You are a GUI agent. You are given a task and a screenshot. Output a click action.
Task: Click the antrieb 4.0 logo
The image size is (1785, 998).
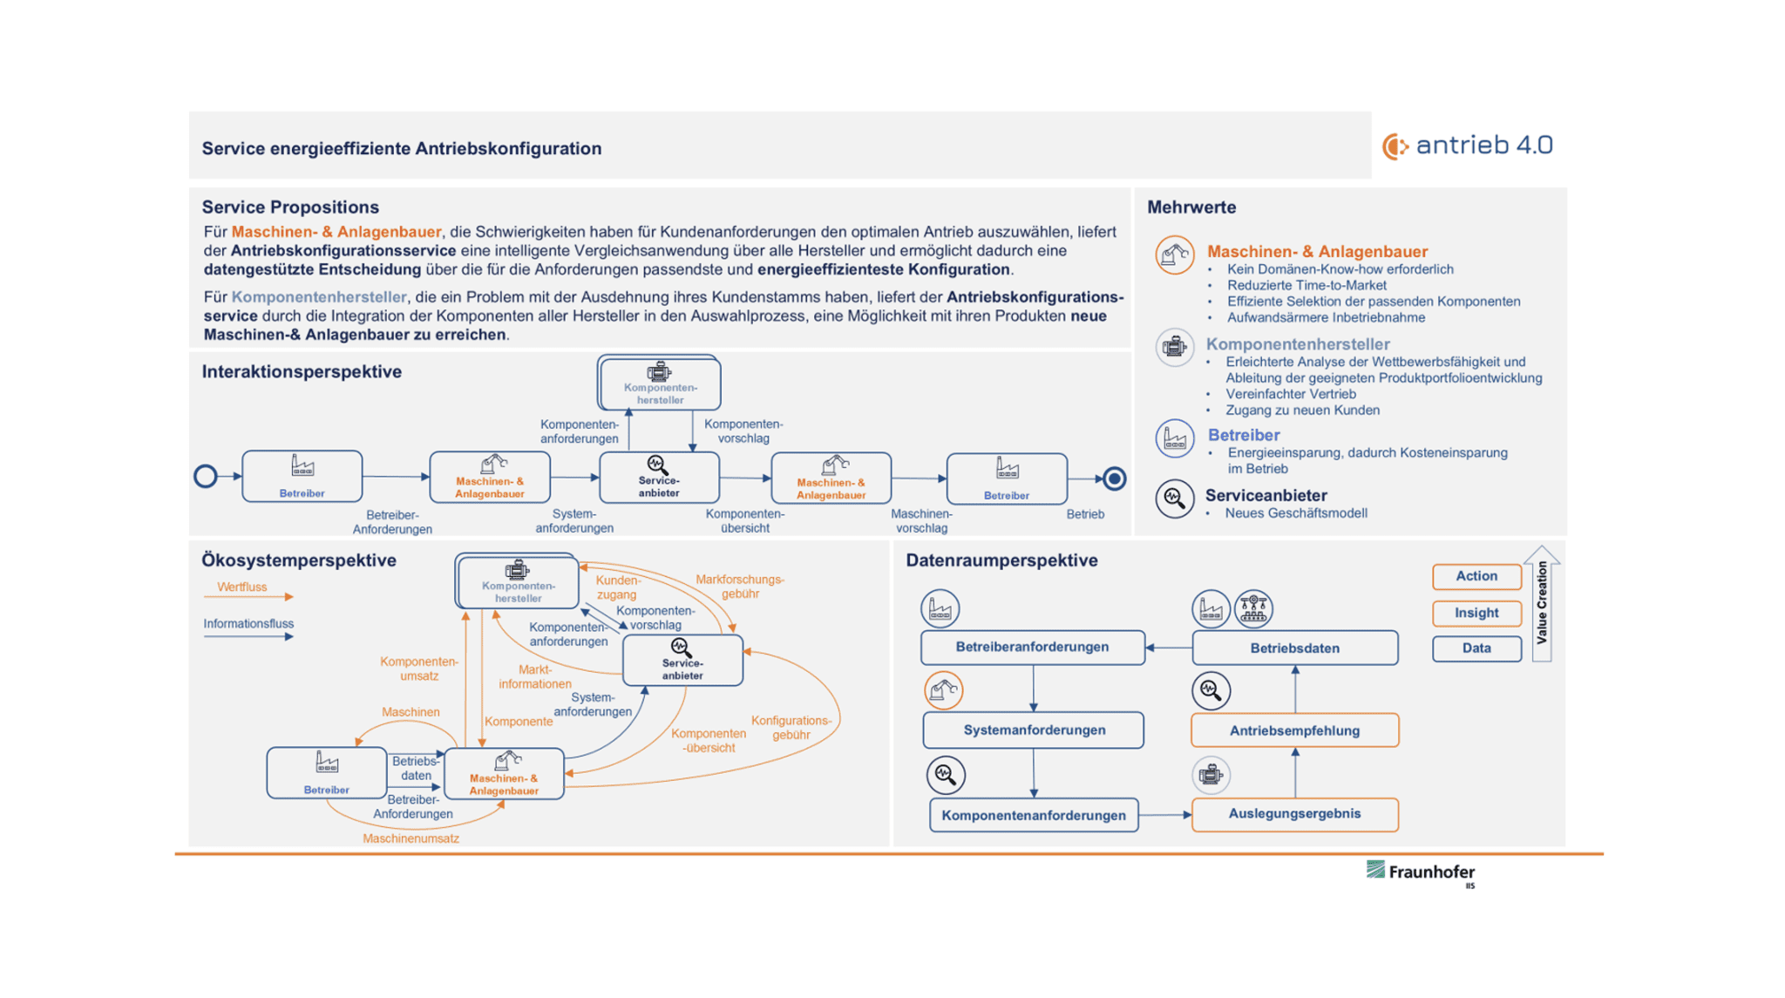point(1468,146)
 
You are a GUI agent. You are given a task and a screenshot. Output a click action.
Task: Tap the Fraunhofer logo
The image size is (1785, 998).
point(1421,872)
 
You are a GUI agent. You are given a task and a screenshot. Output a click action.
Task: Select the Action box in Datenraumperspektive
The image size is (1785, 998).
point(1476,576)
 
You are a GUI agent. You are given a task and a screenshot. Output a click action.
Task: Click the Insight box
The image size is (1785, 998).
point(1476,613)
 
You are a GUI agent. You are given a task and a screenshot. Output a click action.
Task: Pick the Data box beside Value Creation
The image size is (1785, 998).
point(1476,648)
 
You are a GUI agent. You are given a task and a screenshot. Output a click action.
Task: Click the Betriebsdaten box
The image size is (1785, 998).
point(1294,648)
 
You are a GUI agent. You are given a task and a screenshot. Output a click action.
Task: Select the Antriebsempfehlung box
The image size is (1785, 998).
point(1294,730)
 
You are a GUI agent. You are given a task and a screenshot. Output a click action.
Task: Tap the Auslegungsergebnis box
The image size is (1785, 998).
point(1294,814)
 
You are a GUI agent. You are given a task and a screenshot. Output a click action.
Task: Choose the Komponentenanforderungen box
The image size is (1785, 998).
point(1034,816)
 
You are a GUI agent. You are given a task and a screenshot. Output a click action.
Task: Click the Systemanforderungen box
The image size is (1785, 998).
point(1034,730)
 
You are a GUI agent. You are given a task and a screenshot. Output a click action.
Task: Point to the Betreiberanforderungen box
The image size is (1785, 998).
point(1033,648)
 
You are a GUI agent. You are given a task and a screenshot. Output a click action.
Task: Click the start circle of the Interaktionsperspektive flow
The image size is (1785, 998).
point(206,477)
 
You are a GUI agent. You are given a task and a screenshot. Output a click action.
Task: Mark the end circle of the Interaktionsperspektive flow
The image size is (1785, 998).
point(1114,479)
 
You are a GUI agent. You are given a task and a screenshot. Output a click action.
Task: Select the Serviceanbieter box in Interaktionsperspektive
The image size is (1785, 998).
point(659,478)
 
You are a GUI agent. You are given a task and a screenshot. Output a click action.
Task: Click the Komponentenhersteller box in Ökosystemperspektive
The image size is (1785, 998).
point(518,581)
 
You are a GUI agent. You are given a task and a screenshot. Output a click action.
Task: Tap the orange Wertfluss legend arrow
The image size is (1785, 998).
point(248,597)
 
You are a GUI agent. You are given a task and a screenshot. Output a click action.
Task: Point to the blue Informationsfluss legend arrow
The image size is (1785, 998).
point(248,636)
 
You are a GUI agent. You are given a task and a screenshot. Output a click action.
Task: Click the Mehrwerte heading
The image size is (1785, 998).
point(1191,207)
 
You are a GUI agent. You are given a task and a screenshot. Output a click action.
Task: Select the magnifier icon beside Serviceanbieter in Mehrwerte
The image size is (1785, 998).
point(1174,499)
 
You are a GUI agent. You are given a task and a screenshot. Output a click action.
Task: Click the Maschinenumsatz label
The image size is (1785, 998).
point(411,838)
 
